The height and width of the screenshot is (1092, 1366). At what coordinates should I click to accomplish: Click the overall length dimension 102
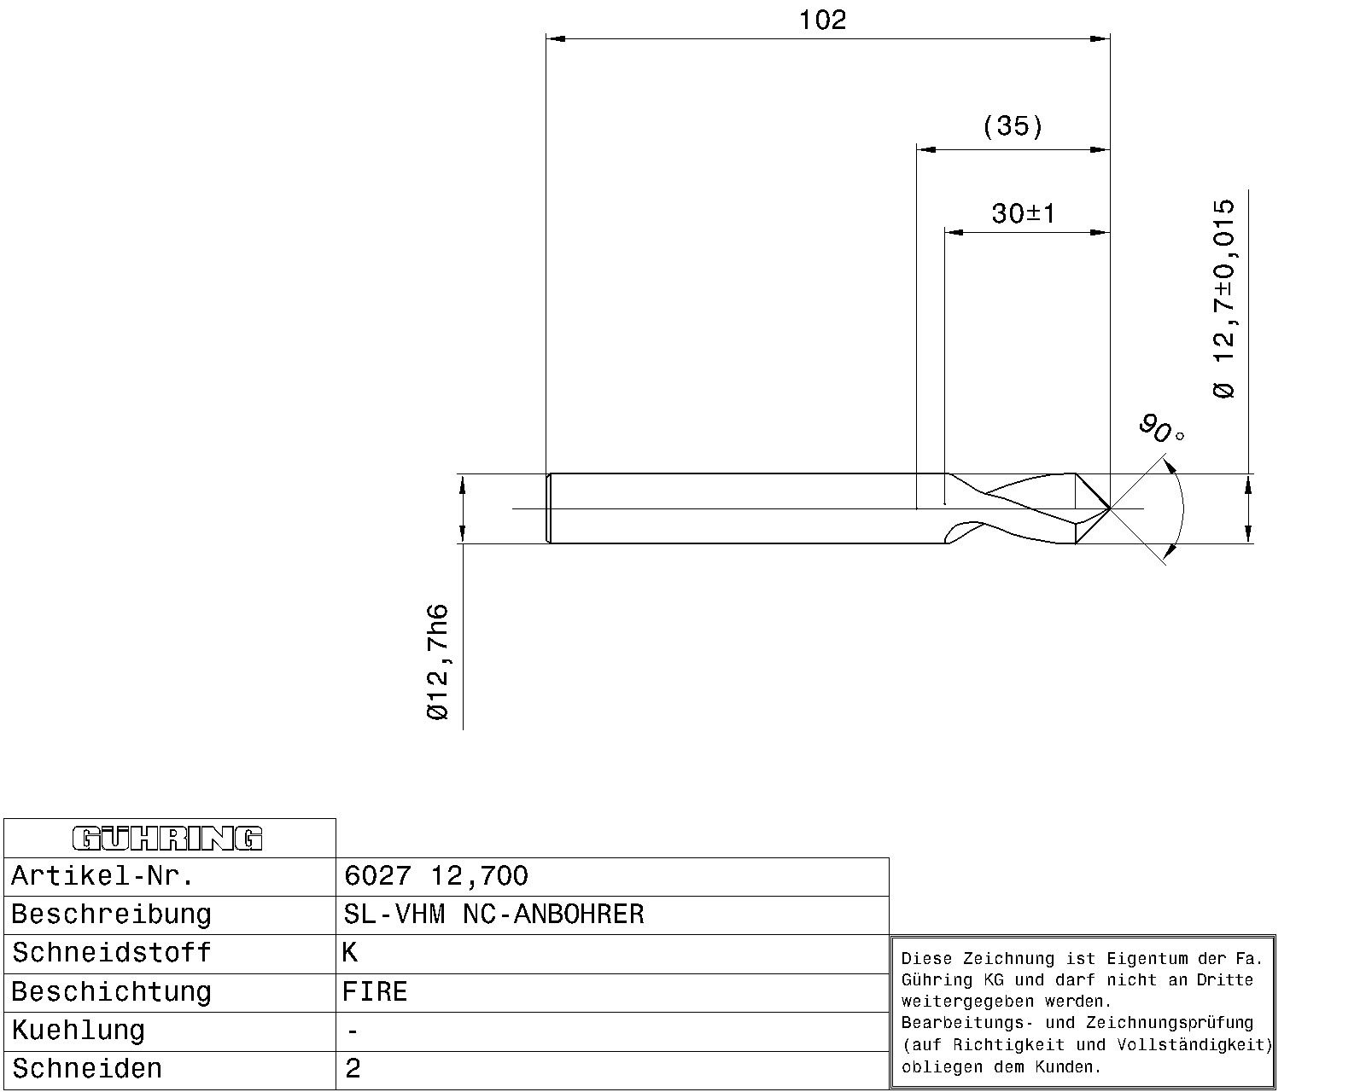[822, 20]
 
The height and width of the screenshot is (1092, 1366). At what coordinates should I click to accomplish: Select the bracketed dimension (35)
[1013, 125]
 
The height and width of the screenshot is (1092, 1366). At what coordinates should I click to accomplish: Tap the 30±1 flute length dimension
[1024, 213]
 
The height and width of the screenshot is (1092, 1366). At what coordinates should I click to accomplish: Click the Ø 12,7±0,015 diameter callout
[1223, 299]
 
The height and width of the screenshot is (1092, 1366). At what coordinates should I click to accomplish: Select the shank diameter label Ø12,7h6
[437, 662]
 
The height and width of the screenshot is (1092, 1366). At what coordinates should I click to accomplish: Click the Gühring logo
[167, 838]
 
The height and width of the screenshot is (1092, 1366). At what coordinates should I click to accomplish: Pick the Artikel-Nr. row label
[102, 876]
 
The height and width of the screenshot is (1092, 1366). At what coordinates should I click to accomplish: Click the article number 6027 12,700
[435, 876]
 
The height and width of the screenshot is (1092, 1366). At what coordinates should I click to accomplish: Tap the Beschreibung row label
[111, 915]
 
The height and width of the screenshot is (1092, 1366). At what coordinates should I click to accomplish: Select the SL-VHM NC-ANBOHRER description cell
[493, 915]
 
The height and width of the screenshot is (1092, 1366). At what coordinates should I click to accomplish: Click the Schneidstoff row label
[111, 953]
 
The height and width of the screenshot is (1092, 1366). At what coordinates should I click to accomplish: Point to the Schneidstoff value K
[350, 953]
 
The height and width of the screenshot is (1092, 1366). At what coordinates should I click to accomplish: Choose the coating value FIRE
[375, 991]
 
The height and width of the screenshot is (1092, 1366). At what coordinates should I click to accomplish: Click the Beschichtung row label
[111, 992]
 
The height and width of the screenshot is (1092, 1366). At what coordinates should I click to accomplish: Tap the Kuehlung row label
[78, 1031]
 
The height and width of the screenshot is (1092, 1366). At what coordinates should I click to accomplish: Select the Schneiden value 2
[353, 1069]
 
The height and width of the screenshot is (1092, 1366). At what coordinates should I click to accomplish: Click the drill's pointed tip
[1109, 508]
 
